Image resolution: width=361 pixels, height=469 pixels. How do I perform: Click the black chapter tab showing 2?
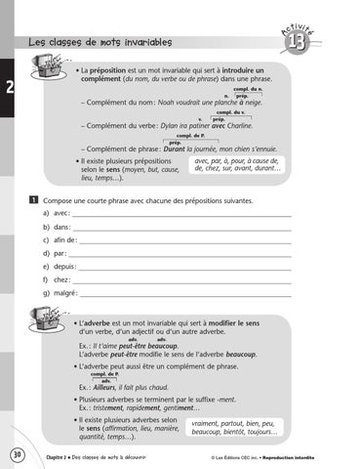[x=8, y=89]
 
